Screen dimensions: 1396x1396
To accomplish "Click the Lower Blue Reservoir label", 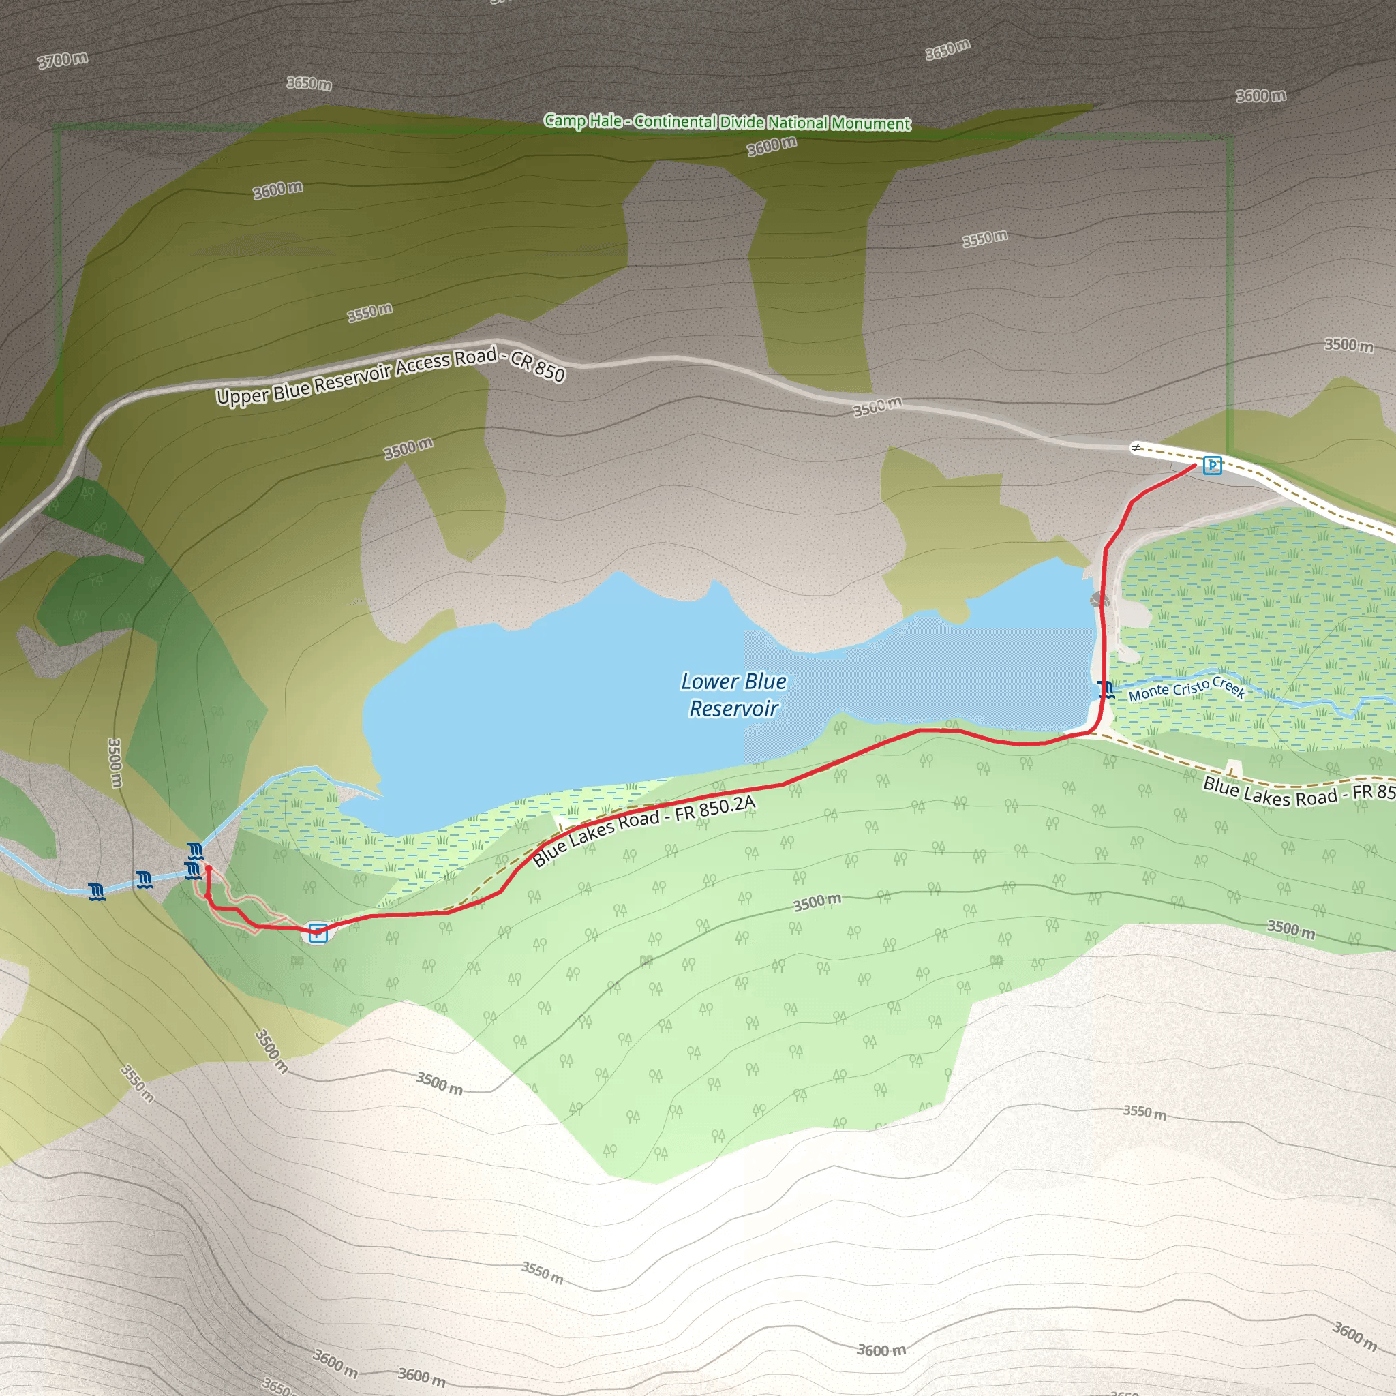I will pyautogui.click(x=733, y=695).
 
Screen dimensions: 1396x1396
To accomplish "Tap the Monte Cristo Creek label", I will pyautogui.click(x=1187, y=689).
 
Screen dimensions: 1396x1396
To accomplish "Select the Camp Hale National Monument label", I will pyautogui.click(x=727, y=121).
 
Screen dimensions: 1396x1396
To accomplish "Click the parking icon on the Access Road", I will pyautogui.click(x=1213, y=466).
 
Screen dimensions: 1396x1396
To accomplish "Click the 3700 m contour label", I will pyautogui.click(x=63, y=59).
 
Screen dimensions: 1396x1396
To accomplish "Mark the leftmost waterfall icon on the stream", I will pyautogui.click(x=97, y=891).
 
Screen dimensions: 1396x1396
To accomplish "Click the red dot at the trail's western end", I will pyautogui.click(x=208, y=868).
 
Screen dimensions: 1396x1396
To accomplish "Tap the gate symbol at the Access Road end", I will pyautogui.click(x=1136, y=448).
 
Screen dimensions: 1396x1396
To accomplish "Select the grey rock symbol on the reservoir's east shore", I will pyautogui.click(x=1099, y=600).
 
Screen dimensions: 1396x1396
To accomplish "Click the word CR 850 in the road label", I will pyautogui.click(x=538, y=365).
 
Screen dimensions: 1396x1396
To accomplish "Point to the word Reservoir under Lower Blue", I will pyautogui.click(x=733, y=709).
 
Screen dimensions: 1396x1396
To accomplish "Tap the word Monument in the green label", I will pyautogui.click(x=870, y=123).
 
